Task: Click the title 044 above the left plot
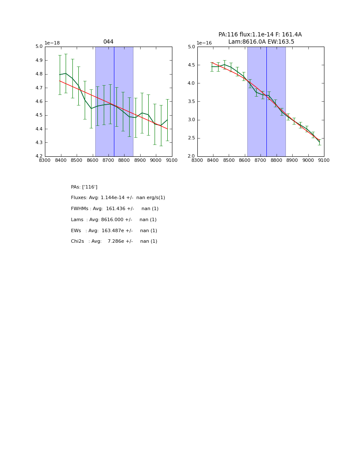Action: coord(108,42)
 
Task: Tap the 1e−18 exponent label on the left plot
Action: coord(52,43)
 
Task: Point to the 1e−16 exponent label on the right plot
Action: coord(204,43)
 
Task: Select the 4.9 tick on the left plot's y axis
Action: coord(39,61)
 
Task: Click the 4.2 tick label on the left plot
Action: coord(39,156)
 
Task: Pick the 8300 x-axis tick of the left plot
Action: coord(45,161)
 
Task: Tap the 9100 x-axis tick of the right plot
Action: coord(324,161)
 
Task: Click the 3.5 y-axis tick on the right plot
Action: coord(191,102)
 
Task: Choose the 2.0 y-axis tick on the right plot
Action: coord(191,156)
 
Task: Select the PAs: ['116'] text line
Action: coord(84,187)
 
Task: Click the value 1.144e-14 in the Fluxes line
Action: coord(115,198)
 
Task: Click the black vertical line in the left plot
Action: coord(114,102)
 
